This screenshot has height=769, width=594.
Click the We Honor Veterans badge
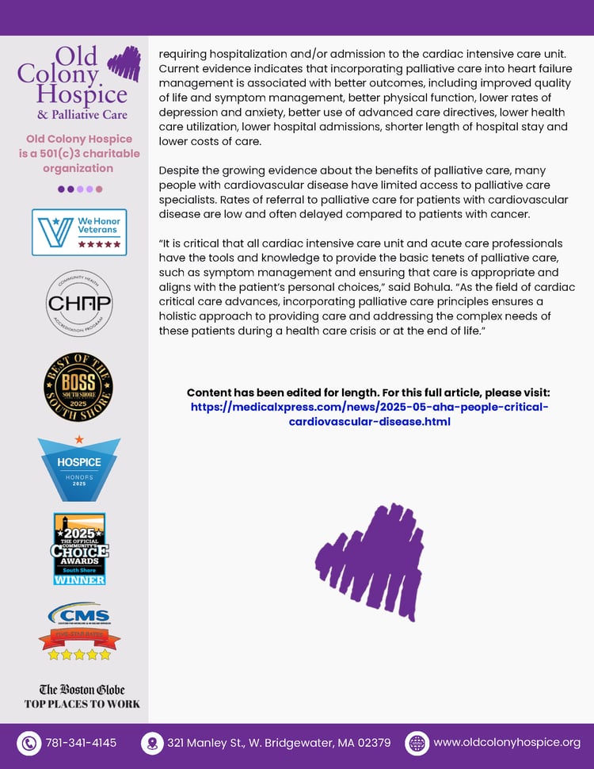pos(79,232)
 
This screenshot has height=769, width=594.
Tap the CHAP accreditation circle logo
pos(79,303)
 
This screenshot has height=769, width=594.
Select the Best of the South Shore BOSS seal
pos(78,387)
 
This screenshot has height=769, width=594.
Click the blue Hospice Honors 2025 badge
pos(79,469)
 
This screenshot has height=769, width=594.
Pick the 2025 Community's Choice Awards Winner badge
pos(79,549)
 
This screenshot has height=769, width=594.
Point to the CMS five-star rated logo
pos(79,631)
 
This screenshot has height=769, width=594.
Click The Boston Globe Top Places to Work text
pos(82,696)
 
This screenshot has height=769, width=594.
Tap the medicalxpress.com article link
pos(369,414)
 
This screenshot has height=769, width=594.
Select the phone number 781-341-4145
pos(81,744)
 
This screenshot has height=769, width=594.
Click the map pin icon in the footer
pos(150,744)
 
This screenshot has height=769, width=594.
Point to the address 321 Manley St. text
pos(278,744)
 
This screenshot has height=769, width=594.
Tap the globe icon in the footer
pos(416,744)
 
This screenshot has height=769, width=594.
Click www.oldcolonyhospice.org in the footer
pos(507,743)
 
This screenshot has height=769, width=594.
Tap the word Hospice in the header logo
pos(82,95)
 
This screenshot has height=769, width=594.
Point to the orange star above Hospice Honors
pos(78,438)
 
